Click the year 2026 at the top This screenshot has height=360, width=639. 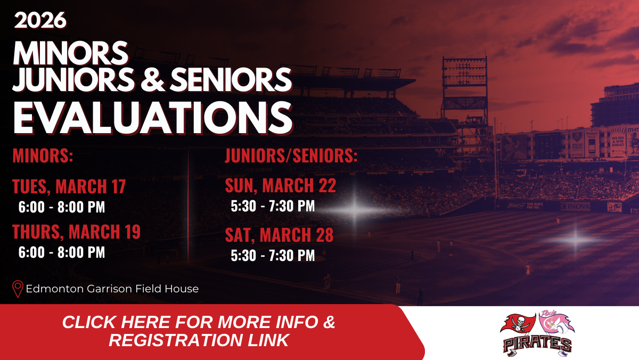point(40,20)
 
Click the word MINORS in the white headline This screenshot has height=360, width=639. point(71,53)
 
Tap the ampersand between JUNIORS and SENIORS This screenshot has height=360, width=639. point(152,79)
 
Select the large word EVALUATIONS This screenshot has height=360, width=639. point(153,117)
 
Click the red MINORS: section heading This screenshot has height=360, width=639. point(43,155)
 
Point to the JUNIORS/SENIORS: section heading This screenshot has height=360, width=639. point(291,155)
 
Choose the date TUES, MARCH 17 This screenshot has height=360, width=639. point(69,186)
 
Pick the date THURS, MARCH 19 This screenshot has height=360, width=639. point(77,231)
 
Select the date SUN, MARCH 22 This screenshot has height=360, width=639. point(281,185)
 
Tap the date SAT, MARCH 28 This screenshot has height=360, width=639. point(279,235)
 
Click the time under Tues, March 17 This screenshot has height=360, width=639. point(62,207)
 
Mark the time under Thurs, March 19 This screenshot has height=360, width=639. point(62,252)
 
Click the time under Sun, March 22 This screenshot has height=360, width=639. point(273,206)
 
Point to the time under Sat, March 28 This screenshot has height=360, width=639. point(273,255)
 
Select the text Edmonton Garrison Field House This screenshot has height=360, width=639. point(112,289)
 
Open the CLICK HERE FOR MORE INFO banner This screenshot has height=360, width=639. point(199,331)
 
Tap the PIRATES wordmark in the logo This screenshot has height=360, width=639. point(537,345)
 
